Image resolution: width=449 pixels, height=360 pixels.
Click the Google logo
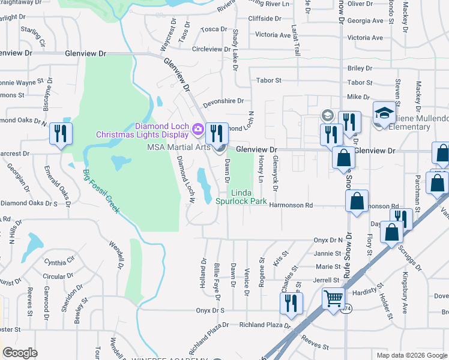[20, 353]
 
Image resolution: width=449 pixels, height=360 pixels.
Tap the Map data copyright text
[411, 355]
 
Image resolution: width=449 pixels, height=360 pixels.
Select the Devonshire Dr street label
[223, 102]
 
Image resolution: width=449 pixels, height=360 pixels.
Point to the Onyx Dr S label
[209, 310]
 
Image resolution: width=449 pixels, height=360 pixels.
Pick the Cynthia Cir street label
[59, 262]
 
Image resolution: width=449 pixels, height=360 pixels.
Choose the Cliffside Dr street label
[264, 19]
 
